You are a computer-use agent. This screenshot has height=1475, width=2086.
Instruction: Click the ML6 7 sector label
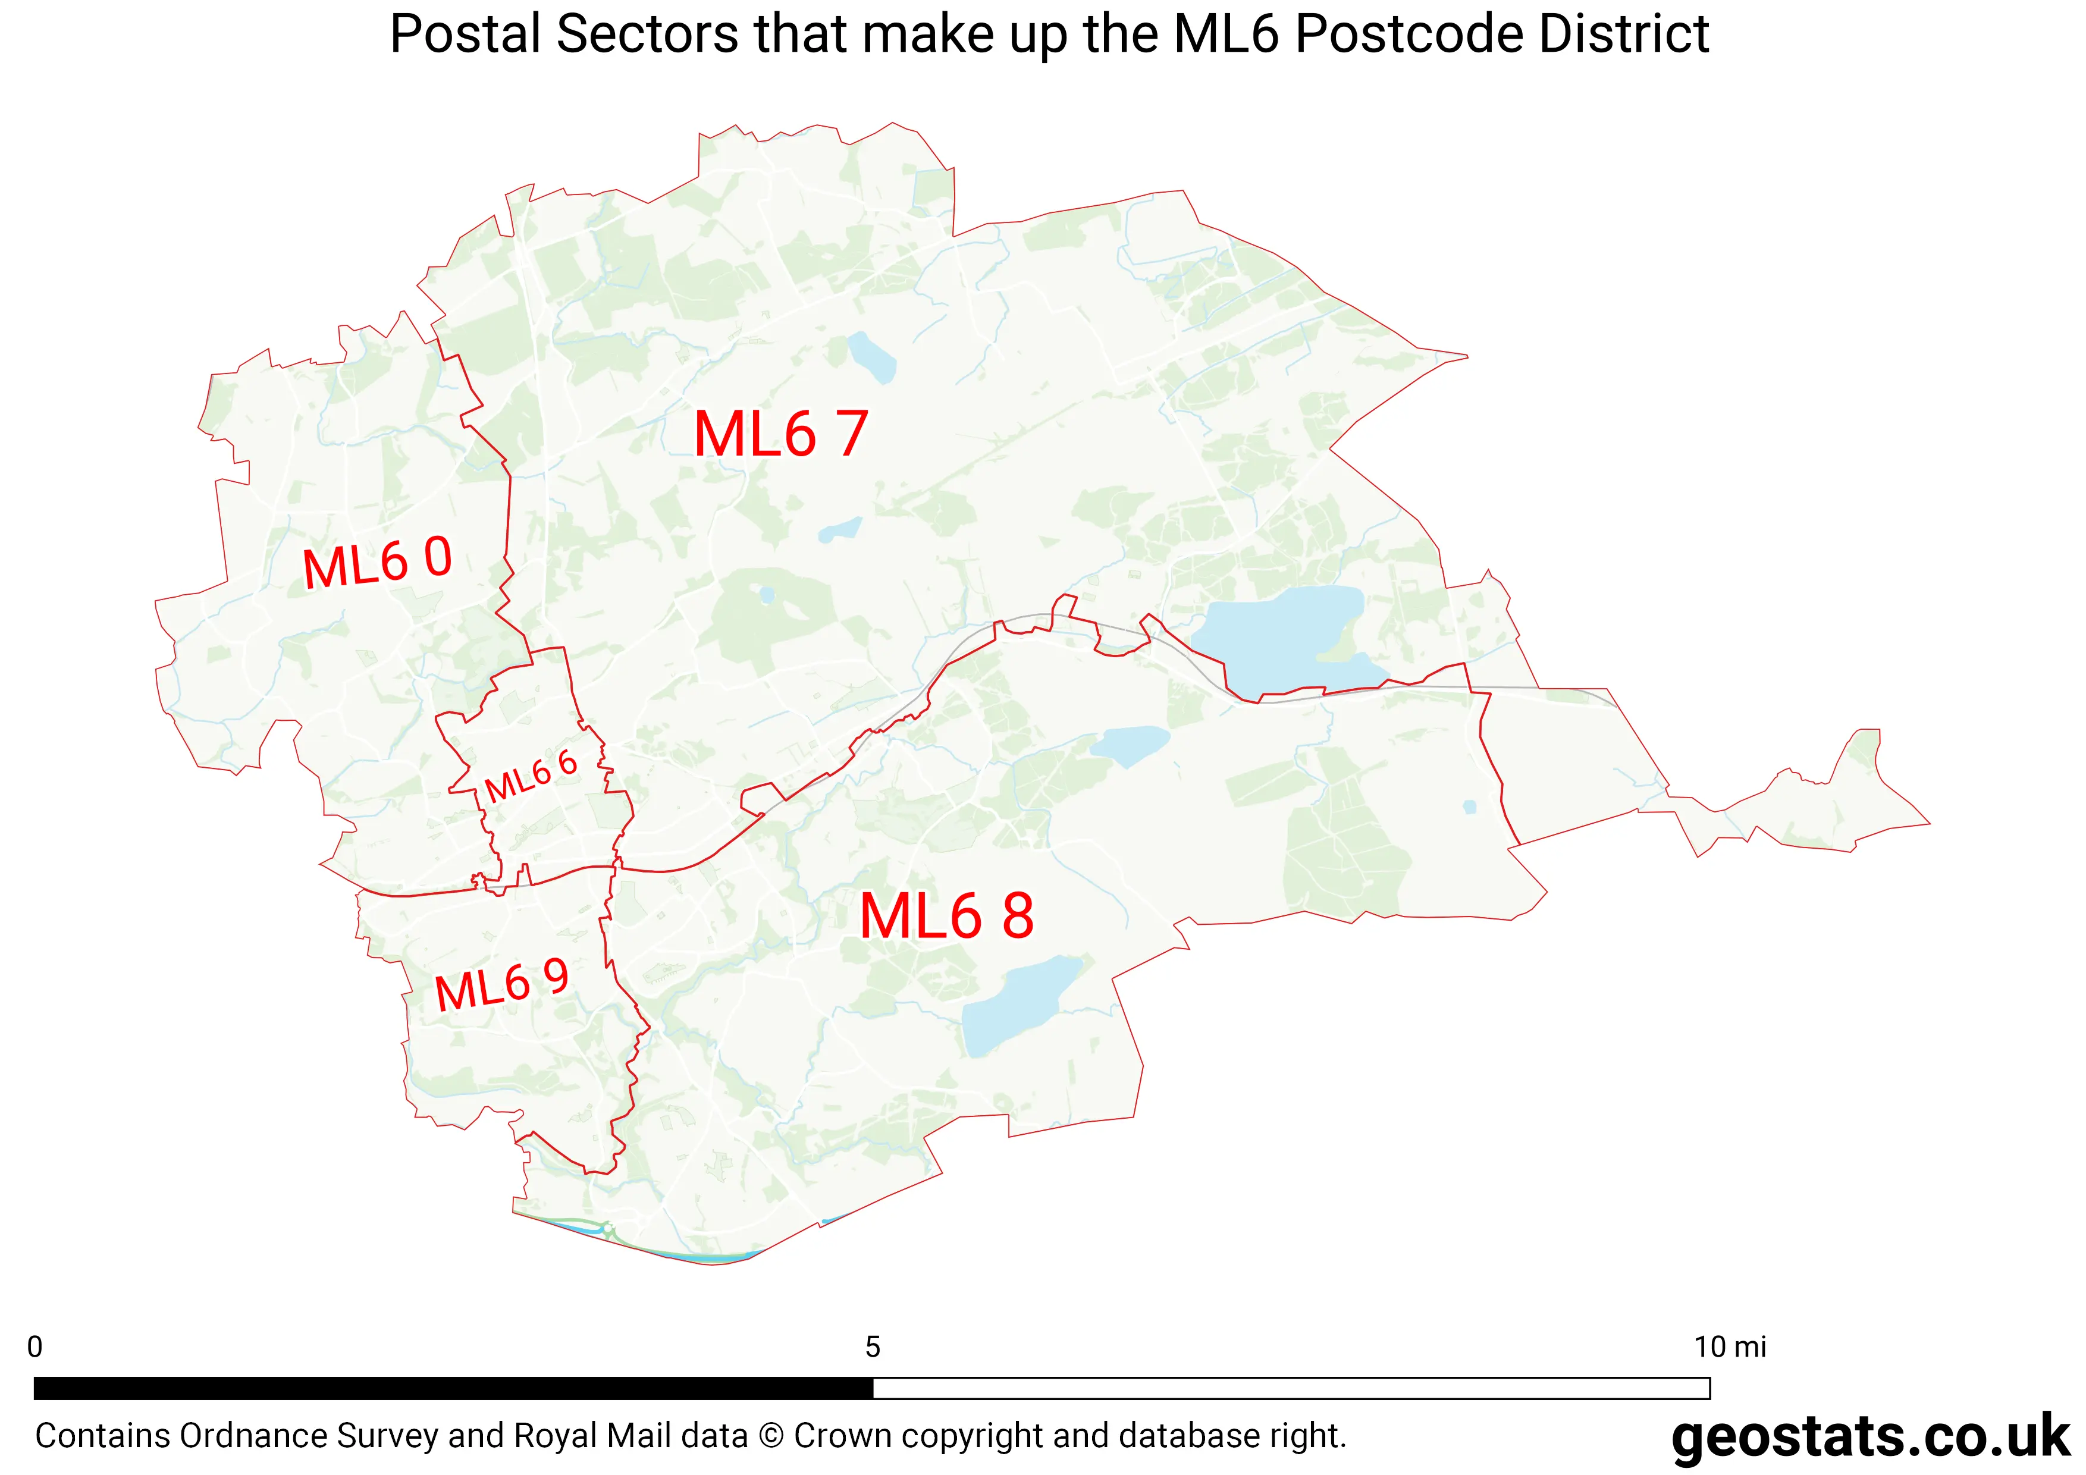[x=780, y=434]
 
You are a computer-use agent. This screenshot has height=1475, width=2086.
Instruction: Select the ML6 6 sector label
[x=531, y=777]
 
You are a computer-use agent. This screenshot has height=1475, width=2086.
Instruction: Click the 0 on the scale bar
[x=36, y=1347]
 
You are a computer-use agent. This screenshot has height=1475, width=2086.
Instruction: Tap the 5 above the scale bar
[x=872, y=1347]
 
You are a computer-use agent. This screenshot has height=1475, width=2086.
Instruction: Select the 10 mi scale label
[x=1729, y=1347]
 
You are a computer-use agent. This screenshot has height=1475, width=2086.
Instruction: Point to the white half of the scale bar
[x=1290, y=1388]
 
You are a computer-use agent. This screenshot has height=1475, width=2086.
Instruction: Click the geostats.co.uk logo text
[x=1869, y=1437]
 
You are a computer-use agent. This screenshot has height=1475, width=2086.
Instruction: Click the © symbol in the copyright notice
[x=770, y=1436]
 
